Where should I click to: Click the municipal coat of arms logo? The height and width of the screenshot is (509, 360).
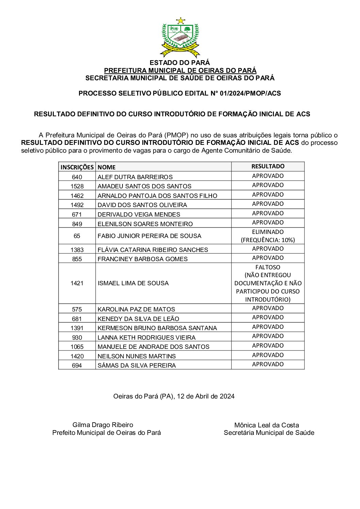point(180,37)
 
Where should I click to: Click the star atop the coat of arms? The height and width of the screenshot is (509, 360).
point(180,21)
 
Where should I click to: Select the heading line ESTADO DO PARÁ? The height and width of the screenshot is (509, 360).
point(180,63)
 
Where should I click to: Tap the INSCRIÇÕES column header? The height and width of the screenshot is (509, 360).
point(77,167)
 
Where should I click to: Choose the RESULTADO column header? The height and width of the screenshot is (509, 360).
point(268,166)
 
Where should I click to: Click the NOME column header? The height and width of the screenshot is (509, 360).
point(107,167)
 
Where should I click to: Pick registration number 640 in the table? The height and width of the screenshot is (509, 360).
point(77,177)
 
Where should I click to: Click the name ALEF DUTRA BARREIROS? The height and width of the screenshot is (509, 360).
point(135,177)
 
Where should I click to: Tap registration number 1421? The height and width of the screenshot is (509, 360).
point(77,283)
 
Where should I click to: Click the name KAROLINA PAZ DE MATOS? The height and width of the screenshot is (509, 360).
point(136,309)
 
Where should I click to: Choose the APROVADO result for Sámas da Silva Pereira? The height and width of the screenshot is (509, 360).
point(268,364)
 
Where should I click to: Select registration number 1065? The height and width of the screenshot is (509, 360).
point(77,346)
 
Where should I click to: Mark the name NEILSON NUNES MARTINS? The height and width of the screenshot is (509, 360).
point(136,356)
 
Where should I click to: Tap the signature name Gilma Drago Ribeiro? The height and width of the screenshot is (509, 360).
point(103,425)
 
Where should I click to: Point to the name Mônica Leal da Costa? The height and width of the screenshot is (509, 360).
point(266,425)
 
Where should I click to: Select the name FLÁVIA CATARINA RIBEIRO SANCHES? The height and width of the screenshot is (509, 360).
point(153,250)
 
